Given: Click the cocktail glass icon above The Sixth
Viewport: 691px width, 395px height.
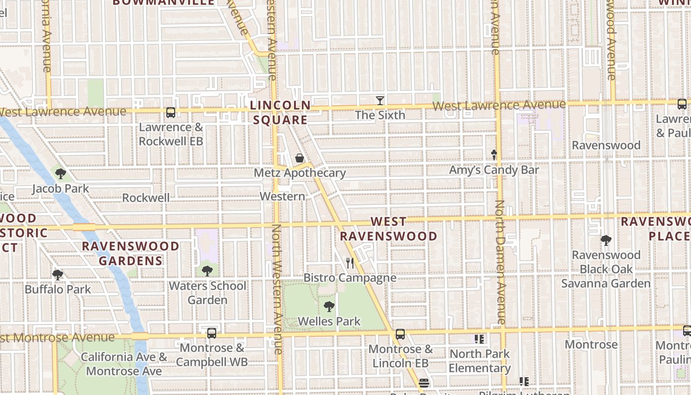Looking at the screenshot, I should pyautogui.click(x=380, y=101).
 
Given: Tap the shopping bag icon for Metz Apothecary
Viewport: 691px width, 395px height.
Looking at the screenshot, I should pyautogui.click(x=299, y=158).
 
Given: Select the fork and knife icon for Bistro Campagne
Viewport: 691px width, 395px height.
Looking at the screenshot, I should pyautogui.click(x=350, y=263).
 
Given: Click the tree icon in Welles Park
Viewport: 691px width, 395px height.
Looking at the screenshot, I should pyautogui.click(x=329, y=307).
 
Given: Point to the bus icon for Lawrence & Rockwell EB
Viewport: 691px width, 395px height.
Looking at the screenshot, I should pyautogui.click(x=171, y=113).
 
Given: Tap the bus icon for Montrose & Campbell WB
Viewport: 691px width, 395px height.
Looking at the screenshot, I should pyautogui.click(x=212, y=333).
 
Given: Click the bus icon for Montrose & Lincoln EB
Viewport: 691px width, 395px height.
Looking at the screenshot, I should pyautogui.click(x=400, y=334).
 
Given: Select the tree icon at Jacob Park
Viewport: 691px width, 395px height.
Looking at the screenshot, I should pyautogui.click(x=61, y=174).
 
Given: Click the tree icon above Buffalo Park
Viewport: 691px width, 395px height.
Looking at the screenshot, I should pyautogui.click(x=58, y=275).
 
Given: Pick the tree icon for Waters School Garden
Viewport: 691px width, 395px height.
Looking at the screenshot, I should pyautogui.click(x=207, y=271).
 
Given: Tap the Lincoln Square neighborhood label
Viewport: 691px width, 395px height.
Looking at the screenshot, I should pyautogui.click(x=280, y=113).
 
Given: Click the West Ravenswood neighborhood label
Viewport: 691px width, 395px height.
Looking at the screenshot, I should pyautogui.click(x=388, y=229).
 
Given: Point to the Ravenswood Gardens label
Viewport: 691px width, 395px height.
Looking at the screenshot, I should pyautogui.click(x=131, y=253).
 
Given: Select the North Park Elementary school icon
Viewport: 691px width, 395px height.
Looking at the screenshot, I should pyautogui.click(x=479, y=339).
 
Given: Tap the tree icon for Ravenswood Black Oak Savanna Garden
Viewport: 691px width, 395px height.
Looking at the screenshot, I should pyautogui.click(x=606, y=240).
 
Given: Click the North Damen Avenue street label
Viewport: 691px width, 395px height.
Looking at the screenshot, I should pyautogui.click(x=500, y=262).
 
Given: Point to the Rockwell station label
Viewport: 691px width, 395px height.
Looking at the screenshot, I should pyautogui.click(x=146, y=197).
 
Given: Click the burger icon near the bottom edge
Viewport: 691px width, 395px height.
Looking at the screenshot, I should pyautogui.click(x=423, y=383).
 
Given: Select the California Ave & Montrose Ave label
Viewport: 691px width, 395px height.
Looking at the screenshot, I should pyautogui.click(x=124, y=364).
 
